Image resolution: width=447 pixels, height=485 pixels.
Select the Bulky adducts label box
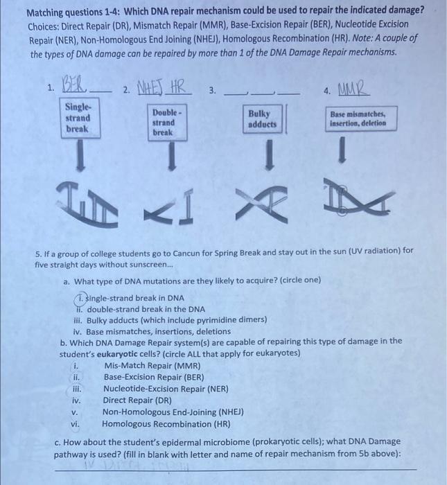[x=262, y=119]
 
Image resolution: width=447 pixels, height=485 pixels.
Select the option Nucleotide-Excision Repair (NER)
[x=166, y=389]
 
